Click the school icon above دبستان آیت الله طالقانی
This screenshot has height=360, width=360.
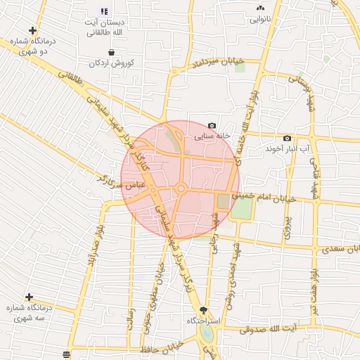[x=104, y=12]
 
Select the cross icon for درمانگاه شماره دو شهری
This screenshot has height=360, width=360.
[x=32, y=30]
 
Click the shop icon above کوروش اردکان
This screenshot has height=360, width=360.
[x=111, y=52]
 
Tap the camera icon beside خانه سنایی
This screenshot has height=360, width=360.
[x=212, y=125]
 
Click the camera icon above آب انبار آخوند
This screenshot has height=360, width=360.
[x=287, y=138]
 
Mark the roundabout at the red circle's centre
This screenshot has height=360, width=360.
[x=181, y=188]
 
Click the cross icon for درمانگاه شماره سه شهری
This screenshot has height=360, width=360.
[x=29, y=297]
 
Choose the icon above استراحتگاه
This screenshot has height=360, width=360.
[x=205, y=310]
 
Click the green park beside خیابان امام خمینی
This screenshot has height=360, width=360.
[x=241, y=207]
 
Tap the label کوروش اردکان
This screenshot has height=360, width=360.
[x=111, y=63]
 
